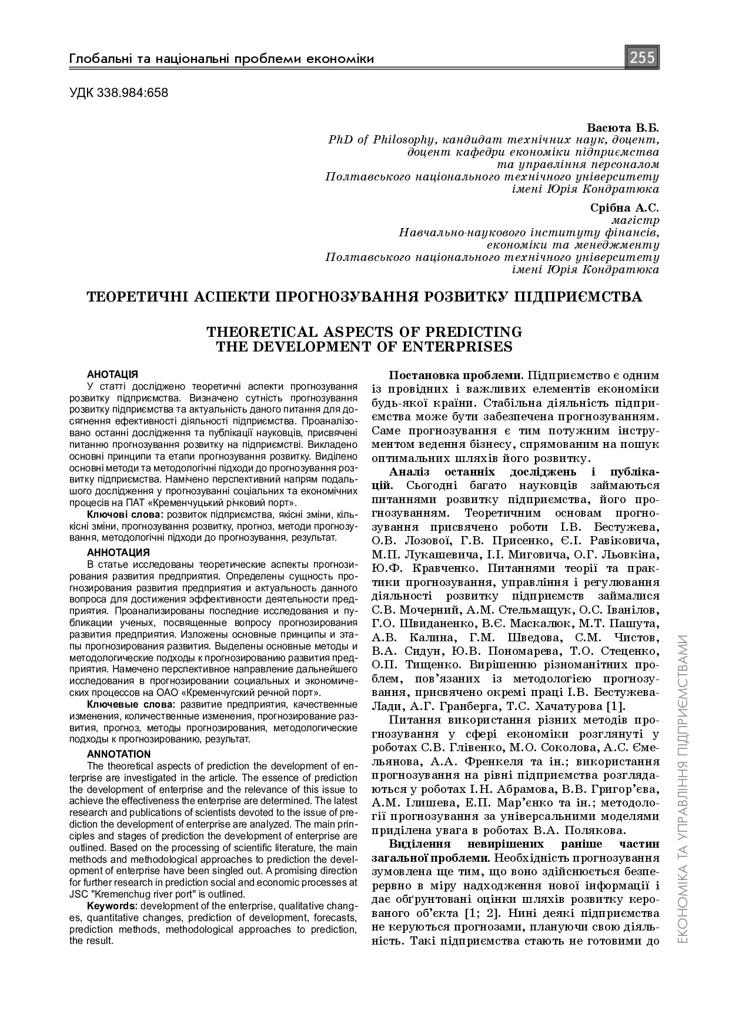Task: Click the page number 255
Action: point(642,58)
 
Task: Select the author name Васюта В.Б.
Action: point(623,128)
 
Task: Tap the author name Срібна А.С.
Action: point(624,207)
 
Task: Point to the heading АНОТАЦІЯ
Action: point(112,374)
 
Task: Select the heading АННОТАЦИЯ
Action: point(118,553)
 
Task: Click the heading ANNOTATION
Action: point(119,754)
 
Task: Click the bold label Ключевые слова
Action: point(131,705)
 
